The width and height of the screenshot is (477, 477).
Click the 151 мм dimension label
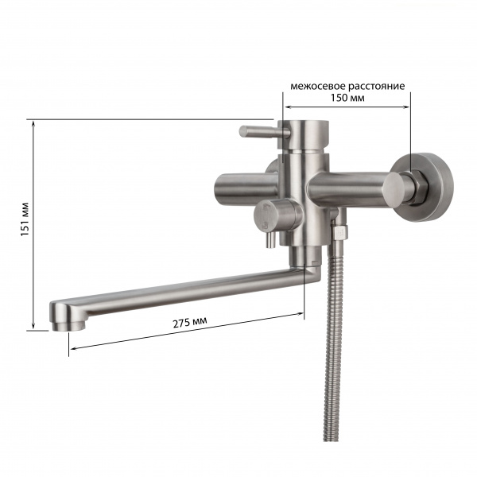coord(25,219)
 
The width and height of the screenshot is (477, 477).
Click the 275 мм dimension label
coord(190,322)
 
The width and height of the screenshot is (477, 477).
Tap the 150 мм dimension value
coord(347,98)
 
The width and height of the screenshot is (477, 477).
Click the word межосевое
coord(318,87)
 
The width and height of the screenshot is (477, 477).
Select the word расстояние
coord(377,87)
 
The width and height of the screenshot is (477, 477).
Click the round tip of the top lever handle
coord(244,132)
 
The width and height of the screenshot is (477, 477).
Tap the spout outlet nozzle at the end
coord(68,326)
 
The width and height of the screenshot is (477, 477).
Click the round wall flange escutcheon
coord(423,187)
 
